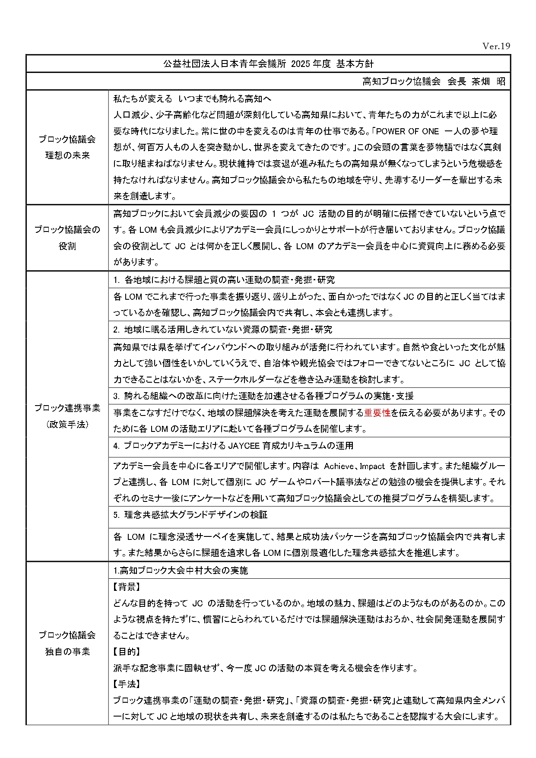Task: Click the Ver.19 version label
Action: [x=496, y=46]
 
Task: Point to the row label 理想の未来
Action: [x=67, y=155]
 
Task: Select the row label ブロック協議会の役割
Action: [x=67, y=238]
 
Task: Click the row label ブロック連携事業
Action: [x=67, y=408]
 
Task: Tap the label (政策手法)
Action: [x=67, y=425]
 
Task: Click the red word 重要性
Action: [x=377, y=413]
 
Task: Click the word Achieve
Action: [x=339, y=466]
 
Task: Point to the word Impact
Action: [x=372, y=466]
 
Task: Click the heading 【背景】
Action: [x=127, y=587]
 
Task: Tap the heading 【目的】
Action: [x=127, y=652]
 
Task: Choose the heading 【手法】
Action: [x=127, y=684]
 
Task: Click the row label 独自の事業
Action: [x=67, y=651]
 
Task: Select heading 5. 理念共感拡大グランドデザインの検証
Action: [x=190, y=515]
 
